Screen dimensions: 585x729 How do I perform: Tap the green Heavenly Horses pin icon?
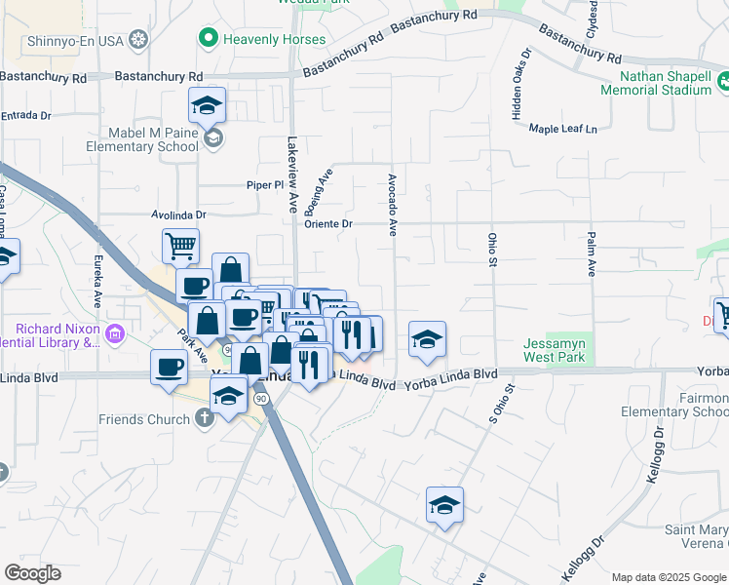207,39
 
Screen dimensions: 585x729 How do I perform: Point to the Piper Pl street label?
263,184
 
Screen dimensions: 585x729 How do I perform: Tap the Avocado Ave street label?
393,205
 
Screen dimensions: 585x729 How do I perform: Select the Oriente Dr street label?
327,223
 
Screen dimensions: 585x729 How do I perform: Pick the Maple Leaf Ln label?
562,129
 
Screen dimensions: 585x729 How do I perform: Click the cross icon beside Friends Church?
204,418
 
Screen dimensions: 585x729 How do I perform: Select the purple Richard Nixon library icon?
115,334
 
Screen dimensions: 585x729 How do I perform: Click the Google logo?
32,573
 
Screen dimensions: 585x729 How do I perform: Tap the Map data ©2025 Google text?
667,577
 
